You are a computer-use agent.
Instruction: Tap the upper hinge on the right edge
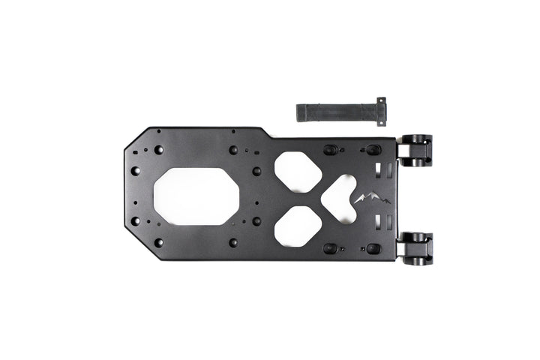pos(415,149)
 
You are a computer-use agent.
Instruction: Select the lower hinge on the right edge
pos(415,247)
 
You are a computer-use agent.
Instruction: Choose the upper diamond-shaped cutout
pos(298,172)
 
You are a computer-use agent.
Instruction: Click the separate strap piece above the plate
pos(337,112)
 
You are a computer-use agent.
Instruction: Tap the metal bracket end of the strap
pos(381,111)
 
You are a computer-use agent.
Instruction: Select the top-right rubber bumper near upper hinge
pos(373,150)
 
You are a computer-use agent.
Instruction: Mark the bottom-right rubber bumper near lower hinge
pos(373,247)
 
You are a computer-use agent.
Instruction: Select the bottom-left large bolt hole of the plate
pos(159,242)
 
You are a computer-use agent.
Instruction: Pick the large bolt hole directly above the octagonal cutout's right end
pos(233,150)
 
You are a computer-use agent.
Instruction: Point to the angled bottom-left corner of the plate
pos(133,251)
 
